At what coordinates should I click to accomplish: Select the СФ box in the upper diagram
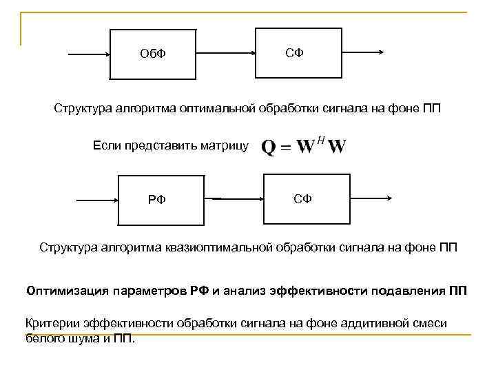(298, 53)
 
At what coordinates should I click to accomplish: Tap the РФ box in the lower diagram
(161, 200)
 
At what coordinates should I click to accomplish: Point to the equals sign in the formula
(286, 147)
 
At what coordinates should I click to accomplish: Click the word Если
(105, 145)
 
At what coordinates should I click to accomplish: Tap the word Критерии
(52, 322)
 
